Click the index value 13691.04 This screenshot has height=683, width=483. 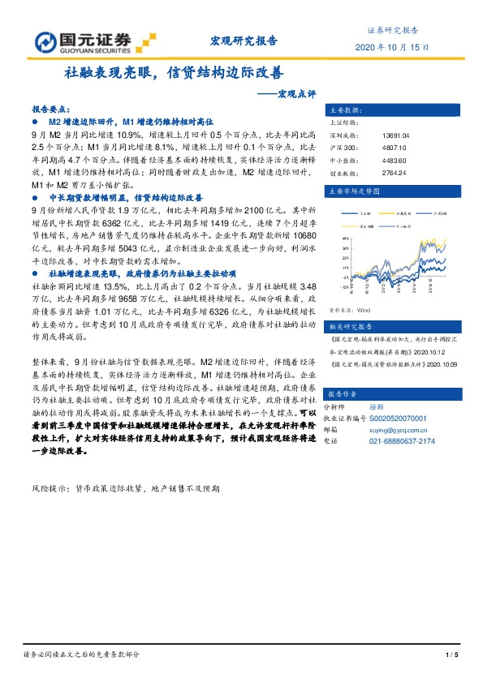point(395,136)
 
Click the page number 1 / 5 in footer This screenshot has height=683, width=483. point(452,655)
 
